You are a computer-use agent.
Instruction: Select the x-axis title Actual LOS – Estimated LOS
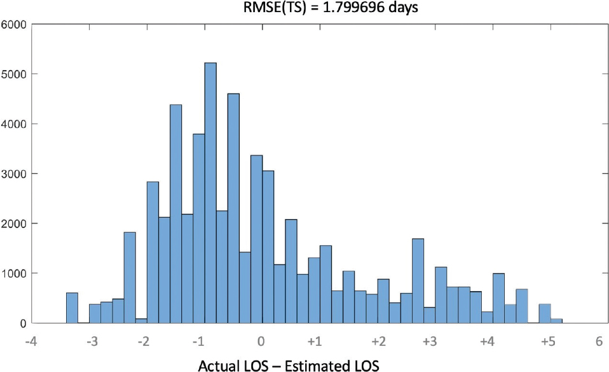coord(289,366)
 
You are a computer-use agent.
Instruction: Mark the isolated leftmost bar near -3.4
coord(72,308)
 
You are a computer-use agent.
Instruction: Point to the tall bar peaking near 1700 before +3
coord(418,281)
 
